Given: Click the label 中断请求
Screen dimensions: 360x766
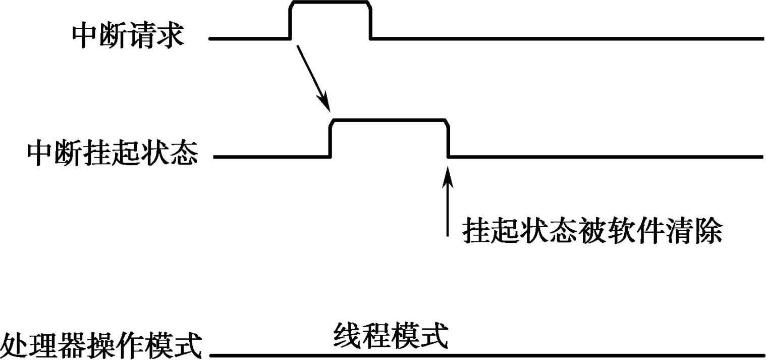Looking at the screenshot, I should coord(128,36).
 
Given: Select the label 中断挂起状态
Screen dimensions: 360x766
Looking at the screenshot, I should coord(112,156).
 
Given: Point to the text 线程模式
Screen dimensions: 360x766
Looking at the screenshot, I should coord(390,336).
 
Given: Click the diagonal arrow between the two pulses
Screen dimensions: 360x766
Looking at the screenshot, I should coord(313,78).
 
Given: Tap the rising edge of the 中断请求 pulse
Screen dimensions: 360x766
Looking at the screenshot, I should coord(291,20).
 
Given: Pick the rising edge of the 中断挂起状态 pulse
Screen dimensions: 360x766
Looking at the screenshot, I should coord(331,139).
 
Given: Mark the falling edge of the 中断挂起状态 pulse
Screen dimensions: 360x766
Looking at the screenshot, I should coord(448,139).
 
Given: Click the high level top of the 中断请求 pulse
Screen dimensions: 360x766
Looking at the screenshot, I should coord(331,3).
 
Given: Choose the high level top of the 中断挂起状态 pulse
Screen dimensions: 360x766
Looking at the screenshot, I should coord(389,120).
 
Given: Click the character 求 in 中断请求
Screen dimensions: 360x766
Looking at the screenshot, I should coord(170,36).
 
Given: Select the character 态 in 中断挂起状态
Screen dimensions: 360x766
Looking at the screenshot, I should coord(183,156).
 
